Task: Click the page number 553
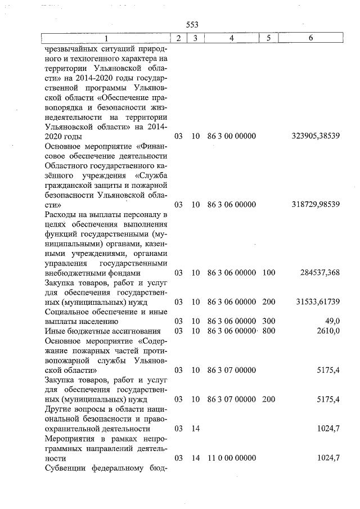tap(192, 25)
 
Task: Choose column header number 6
tap(311, 38)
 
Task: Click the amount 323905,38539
tap(316, 136)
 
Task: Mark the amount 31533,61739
tap(318, 301)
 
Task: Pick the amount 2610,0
tap(328, 331)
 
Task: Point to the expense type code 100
tap(269, 272)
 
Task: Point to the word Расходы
tap(60, 214)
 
